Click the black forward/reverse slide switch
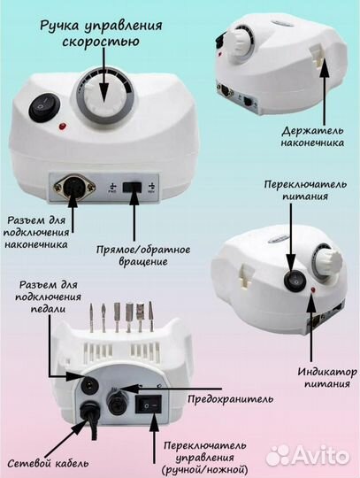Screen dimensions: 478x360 tap(134, 189)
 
